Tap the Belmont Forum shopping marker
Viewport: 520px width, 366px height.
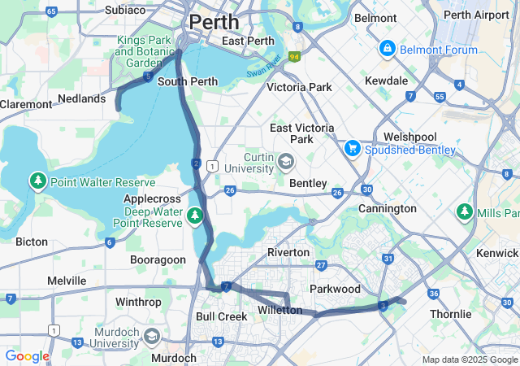coord(387,50)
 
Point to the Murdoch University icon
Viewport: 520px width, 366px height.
coord(151,337)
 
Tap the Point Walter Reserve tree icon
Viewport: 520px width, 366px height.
coord(37,180)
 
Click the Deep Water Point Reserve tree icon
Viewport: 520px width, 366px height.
coord(194,216)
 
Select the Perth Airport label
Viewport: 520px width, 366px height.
coord(477,15)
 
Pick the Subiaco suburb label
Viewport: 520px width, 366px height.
coord(125,11)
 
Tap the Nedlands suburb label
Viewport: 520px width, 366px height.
coord(82,98)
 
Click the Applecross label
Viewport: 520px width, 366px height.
coord(150,198)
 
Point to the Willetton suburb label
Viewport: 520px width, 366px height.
coord(279,311)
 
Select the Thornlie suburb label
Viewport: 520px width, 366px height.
coord(451,314)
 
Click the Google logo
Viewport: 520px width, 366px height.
coord(27,356)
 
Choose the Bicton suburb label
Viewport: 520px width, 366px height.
coord(32,242)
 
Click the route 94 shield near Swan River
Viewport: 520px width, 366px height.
coord(293,57)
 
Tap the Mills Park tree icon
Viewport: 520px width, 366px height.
coord(465,211)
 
